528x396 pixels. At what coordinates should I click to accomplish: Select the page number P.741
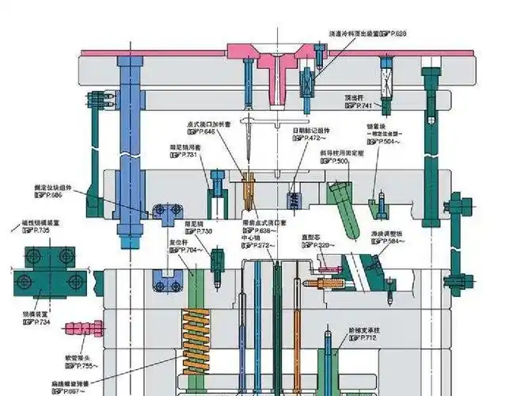pos(362,105)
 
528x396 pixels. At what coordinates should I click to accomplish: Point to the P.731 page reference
pos(185,154)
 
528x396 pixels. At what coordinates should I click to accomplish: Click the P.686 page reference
pos(53,195)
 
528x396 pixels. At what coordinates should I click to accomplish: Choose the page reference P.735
pos(36,230)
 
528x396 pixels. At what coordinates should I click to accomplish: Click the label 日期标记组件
pos(310,130)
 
